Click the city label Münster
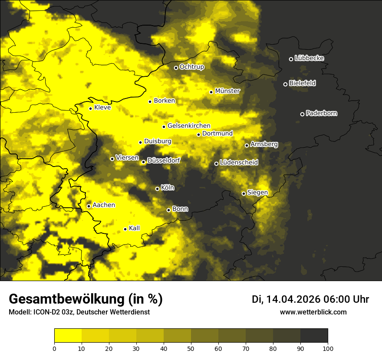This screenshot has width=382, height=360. (227, 91)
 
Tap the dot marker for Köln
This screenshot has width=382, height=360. (157, 189)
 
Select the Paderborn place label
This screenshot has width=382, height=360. (321, 113)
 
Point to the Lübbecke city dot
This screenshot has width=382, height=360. (291, 59)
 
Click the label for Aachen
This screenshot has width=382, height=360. (104, 205)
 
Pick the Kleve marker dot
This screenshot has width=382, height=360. (90, 108)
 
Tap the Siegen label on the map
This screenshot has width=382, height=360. (257, 193)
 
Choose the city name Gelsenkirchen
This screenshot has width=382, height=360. (189, 126)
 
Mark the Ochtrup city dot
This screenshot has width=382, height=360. (176, 68)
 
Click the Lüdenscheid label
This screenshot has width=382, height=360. (239, 163)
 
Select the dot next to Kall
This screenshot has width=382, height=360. (125, 229)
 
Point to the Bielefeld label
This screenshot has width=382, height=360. (302, 83)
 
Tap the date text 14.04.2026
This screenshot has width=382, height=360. (293, 299)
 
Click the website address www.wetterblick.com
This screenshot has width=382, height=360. (313, 312)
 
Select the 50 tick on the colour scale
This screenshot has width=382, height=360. (191, 348)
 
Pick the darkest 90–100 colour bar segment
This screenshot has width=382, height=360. (314, 335)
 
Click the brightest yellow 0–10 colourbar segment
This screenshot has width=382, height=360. (68, 335)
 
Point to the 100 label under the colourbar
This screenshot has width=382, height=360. (328, 348)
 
